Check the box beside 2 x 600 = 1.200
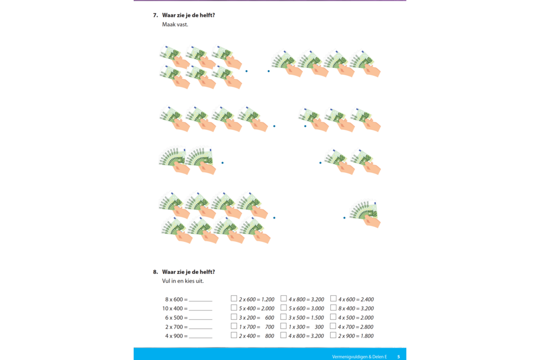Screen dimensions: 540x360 pos(234,298)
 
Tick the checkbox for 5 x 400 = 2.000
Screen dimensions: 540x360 pos(234,308)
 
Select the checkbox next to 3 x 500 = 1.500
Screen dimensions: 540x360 pos(283,317)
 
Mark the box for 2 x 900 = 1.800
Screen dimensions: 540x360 pos(333,335)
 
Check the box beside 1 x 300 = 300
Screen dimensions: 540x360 pos(283,326)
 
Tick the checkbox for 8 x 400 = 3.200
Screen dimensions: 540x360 pos(333,308)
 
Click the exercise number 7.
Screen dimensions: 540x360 pos(156,15)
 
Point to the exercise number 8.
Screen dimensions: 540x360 pos(156,272)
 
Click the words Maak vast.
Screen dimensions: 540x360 pos(175,25)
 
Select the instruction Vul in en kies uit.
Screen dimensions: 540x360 pos(183,281)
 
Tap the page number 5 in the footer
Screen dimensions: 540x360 pos(399,356)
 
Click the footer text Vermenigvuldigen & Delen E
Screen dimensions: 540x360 pos(360,356)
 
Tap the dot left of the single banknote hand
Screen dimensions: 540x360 pos(344,218)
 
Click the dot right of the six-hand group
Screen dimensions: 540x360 pos(247,71)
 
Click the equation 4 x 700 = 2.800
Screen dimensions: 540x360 pos(355,327)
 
